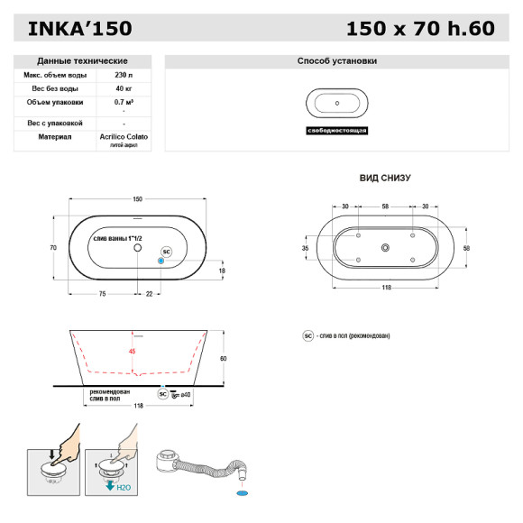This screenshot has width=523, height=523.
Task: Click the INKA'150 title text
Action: pyautogui.click(x=80, y=29)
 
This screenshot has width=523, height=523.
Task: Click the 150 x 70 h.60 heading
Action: pyautogui.click(x=420, y=29)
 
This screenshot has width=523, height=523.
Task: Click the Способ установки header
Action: pyautogui.click(x=336, y=61)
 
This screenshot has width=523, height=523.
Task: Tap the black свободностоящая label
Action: pyautogui.click(x=336, y=131)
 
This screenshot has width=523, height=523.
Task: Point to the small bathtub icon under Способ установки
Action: pyautogui.click(x=336, y=103)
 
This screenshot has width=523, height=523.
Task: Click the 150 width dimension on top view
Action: pyautogui.click(x=138, y=199)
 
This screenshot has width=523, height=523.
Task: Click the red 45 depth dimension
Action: pyautogui.click(x=133, y=351)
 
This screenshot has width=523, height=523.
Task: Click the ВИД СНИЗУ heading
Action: pyautogui.click(x=384, y=179)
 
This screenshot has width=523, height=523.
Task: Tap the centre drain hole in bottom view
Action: pyautogui.click(x=385, y=248)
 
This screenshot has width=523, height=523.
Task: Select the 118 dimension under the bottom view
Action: pyautogui.click(x=385, y=288)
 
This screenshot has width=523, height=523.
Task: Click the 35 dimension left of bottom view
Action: pyautogui.click(x=306, y=247)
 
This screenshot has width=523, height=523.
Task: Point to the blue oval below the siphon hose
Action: pyautogui.click(x=241, y=494)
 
